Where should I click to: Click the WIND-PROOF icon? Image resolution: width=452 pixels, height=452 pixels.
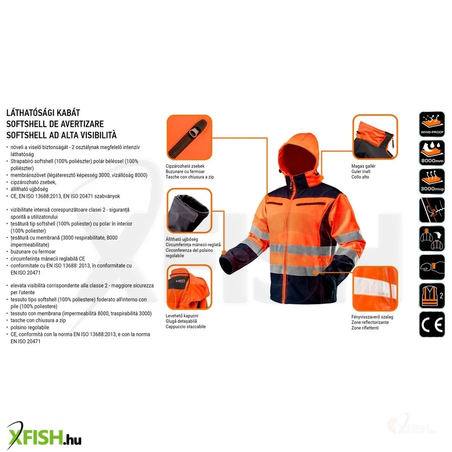pyautogui.click(x=432, y=124)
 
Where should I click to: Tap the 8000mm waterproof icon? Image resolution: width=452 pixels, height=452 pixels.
pyautogui.click(x=432, y=153)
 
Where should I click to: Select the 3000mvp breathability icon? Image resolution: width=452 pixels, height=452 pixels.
pyautogui.click(x=432, y=181)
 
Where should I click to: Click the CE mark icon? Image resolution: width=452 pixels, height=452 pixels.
pyautogui.click(x=432, y=324)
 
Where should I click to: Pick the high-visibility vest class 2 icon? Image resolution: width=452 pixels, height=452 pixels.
pyautogui.click(x=432, y=296)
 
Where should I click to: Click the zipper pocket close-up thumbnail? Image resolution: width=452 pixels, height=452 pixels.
pyautogui.click(x=189, y=138)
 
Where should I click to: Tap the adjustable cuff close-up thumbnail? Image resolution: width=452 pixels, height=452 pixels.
pyautogui.click(x=189, y=211)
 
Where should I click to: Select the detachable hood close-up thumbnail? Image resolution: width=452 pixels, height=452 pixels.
pyautogui.click(x=189, y=287)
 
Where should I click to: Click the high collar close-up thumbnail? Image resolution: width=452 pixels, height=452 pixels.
pyautogui.click(x=375, y=137)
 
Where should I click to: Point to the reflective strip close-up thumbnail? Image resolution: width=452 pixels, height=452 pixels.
pyautogui.click(x=375, y=289)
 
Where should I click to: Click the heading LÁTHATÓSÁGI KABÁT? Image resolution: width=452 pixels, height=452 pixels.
pyautogui.click(x=43, y=113)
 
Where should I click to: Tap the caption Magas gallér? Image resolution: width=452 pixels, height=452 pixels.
pyautogui.click(x=363, y=166)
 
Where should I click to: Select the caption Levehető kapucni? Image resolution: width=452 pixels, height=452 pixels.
pyautogui.click(x=182, y=316)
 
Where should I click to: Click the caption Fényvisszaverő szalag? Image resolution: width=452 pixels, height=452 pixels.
pyautogui.click(x=372, y=317)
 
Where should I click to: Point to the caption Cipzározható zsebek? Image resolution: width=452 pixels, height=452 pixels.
pyautogui.click(x=185, y=166)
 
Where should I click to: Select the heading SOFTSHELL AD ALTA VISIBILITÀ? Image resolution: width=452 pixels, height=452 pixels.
pyautogui.click(x=61, y=135)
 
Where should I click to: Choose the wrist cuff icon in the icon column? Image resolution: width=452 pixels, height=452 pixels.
pyautogui.click(x=432, y=267)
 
